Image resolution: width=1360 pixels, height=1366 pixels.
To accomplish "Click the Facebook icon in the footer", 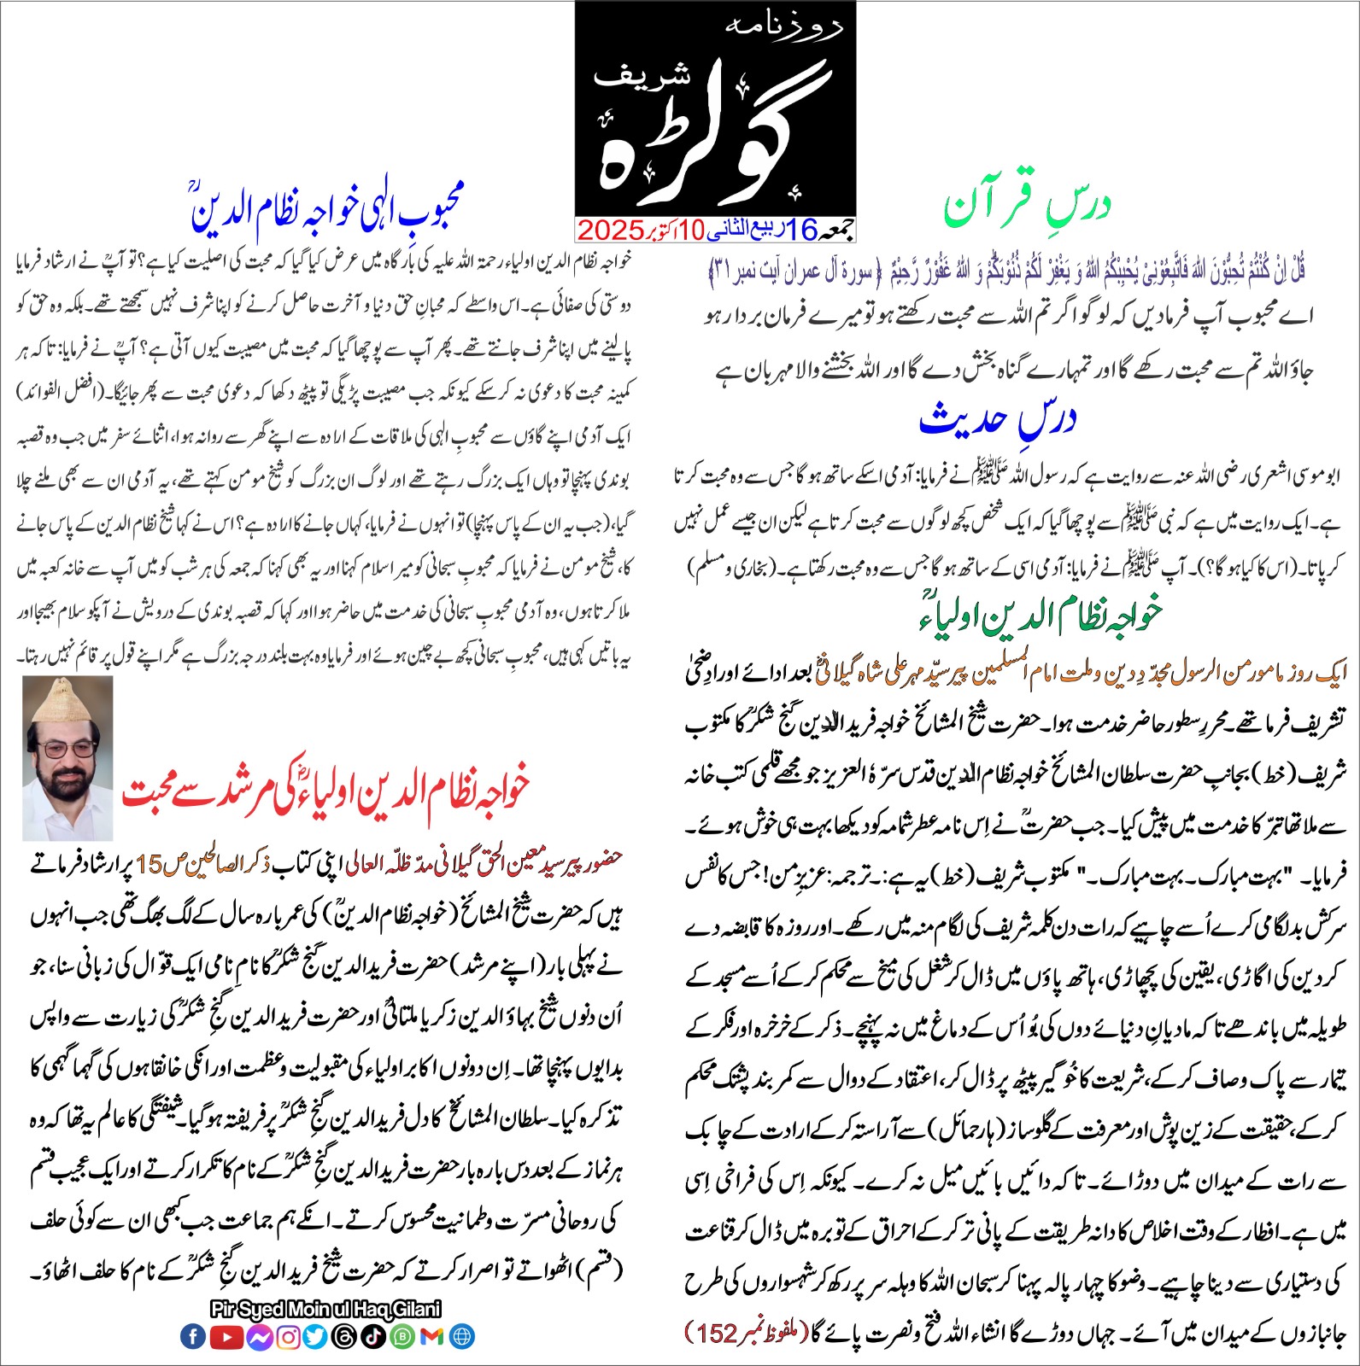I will pos(193,1337).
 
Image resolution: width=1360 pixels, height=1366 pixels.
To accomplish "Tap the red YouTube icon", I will pos(226,1337).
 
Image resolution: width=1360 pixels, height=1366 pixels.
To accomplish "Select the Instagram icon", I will pos(289,1337).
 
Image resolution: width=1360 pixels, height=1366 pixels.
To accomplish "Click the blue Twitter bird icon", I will pos(315,1337).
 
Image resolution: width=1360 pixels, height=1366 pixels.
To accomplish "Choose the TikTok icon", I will pos(373,1337).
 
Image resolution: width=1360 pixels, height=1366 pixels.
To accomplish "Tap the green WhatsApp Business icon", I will pos(402,1337).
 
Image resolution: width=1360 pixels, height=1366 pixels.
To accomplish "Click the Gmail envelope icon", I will pos(432,1337).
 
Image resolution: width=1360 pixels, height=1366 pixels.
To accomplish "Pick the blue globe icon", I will pos(462,1337).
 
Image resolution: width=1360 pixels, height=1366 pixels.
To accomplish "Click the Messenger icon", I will pos(259,1337).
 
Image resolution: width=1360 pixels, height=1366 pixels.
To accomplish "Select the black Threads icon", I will pos(344,1337).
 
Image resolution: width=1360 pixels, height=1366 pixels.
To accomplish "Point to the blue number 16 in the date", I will pos(802,229).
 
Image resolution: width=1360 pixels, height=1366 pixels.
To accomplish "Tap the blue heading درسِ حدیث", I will pos(997,419).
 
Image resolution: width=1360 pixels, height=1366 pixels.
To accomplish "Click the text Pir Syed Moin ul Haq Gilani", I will pos(325,1309).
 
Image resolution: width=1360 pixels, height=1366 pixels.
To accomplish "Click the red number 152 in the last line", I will pos(716,1333).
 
